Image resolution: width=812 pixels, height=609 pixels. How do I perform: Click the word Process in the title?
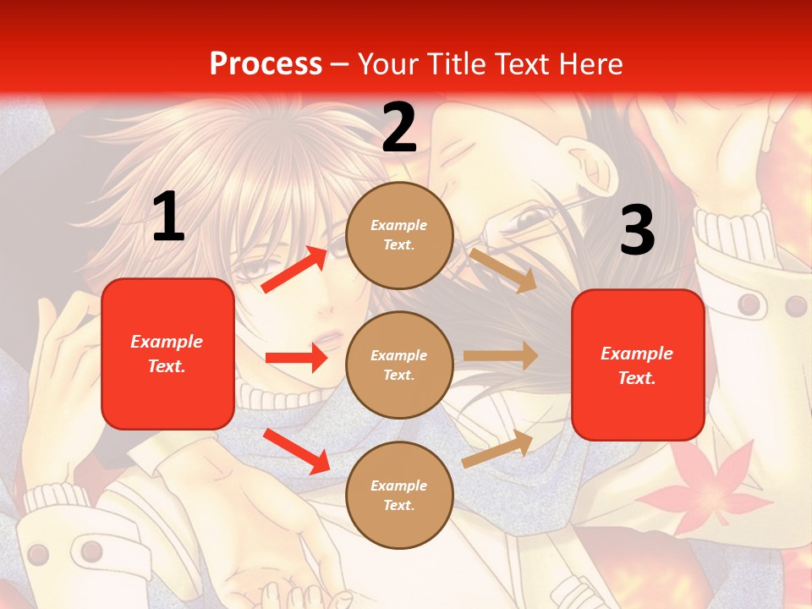click(266, 63)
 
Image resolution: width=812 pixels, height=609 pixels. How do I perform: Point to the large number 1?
click(167, 217)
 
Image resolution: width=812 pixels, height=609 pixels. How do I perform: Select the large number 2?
click(399, 128)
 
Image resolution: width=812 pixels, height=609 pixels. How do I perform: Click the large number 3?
click(637, 231)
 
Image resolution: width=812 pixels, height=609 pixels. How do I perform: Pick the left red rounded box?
click(167, 354)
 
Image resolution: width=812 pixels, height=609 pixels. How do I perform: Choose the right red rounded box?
click(638, 365)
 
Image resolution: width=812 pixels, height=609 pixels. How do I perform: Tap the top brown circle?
click(399, 234)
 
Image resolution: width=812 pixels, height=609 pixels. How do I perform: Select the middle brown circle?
click(399, 365)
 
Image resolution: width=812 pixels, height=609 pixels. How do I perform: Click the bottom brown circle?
click(399, 495)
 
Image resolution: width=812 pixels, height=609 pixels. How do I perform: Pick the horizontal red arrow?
click(296, 358)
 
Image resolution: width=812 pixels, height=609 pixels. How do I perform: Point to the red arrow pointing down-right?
click(296, 451)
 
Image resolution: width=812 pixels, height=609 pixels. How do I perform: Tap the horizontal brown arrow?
click(501, 356)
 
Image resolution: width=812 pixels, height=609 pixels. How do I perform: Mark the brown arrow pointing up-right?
click(498, 448)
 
